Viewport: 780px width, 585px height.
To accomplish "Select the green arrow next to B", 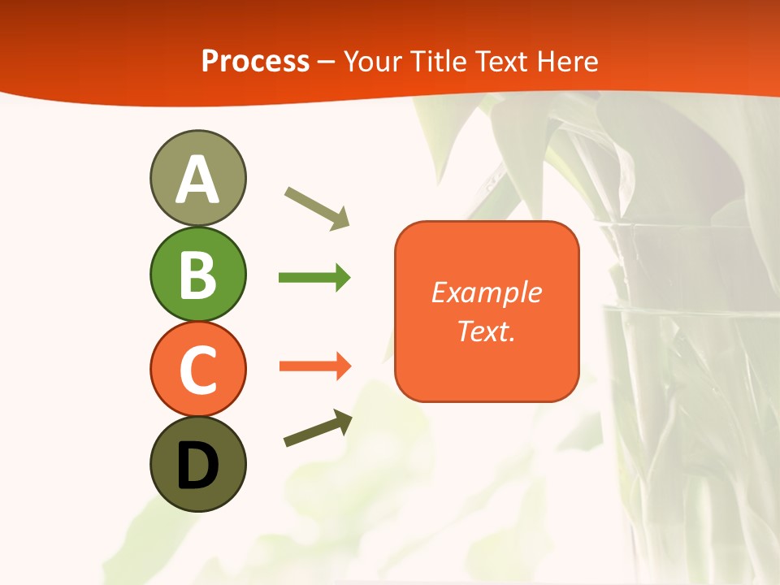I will click(x=314, y=278).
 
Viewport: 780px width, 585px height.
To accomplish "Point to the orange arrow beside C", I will click(x=314, y=366).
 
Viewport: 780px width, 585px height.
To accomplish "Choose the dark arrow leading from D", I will click(x=317, y=429).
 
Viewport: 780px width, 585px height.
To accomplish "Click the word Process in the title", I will click(x=255, y=61).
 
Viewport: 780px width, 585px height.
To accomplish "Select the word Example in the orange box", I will click(x=486, y=292).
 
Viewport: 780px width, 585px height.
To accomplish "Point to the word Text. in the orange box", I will click(x=486, y=331).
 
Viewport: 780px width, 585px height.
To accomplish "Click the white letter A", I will click(x=197, y=180).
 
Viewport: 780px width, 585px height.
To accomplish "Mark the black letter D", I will click(x=197, y=466).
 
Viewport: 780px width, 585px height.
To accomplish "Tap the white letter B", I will click(x=197, y=275).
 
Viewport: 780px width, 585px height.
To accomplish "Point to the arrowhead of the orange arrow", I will click(x=341, y=366).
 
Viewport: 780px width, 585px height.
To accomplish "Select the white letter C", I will click(x=197, y=370).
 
